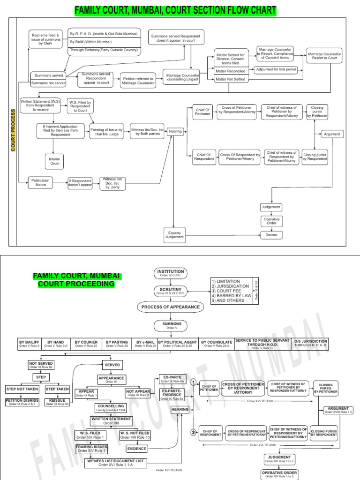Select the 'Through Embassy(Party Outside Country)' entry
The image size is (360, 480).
(104, 50)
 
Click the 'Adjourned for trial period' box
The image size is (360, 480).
(276, 70)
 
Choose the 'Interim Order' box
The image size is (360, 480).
(55, 161)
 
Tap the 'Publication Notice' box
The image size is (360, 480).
(40, 182)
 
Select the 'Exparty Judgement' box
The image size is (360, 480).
(174, 235)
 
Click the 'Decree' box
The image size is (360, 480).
(271, 235)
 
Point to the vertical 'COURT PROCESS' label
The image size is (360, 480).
(13, 130)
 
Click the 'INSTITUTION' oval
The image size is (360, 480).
(171, 273)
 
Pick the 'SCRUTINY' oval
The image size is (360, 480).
(171, 291)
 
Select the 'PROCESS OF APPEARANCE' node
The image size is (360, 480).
(171, 307)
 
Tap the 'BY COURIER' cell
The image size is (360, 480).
(86, 344)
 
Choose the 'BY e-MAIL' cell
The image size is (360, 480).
(145, 344)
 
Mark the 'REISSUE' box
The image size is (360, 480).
(57, 402)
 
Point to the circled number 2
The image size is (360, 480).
(193, 432)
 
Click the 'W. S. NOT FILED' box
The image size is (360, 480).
(135, 435)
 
